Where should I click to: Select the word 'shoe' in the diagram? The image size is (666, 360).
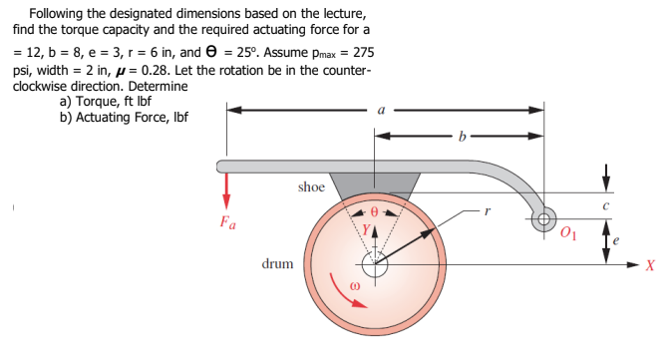pos(311,186)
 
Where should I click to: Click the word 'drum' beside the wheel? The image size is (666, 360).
pos(276,264)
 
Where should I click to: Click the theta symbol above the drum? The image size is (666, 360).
pos(375,211)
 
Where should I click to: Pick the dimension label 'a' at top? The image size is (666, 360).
pos(383,111)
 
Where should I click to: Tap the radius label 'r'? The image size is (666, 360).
pos(487,210)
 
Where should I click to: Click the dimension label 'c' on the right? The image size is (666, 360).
pos(605,205)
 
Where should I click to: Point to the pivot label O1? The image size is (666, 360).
pos(568,236)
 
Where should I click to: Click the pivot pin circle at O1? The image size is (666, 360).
pos(544,219)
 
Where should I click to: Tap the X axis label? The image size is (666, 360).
pos(649,265)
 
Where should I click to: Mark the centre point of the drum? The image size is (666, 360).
pos(375,264)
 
